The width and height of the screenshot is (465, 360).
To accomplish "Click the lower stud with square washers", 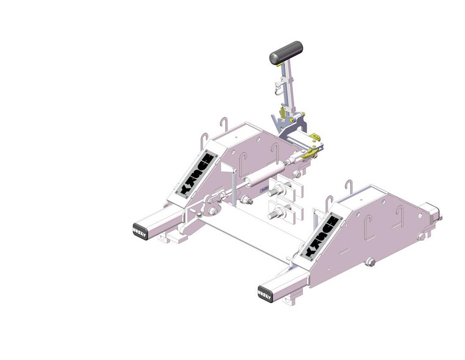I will pos(276,214).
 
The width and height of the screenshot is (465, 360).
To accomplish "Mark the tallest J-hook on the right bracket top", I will pos(348,187).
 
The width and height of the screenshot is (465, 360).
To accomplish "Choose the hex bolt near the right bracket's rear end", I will pos(420,233).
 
